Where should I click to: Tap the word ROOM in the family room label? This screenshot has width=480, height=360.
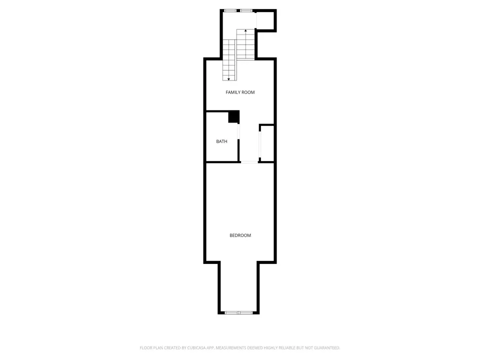248,92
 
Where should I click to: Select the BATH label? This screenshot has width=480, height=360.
221,141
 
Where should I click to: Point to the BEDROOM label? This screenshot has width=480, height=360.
240,235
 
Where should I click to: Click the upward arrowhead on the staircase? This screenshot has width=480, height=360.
245,30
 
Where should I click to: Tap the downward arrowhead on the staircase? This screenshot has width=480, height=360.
228,79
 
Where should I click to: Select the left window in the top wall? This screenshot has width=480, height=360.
230,10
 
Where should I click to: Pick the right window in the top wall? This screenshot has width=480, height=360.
246,10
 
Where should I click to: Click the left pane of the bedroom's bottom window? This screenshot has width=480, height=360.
231,312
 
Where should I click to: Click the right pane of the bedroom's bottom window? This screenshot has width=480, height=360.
245,312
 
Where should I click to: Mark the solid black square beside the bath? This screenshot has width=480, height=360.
233,116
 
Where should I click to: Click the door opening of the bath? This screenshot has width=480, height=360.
238,132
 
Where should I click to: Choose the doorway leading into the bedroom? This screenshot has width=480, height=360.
249,161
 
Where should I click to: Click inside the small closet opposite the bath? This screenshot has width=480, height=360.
267,143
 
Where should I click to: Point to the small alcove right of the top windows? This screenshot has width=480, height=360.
265,21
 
